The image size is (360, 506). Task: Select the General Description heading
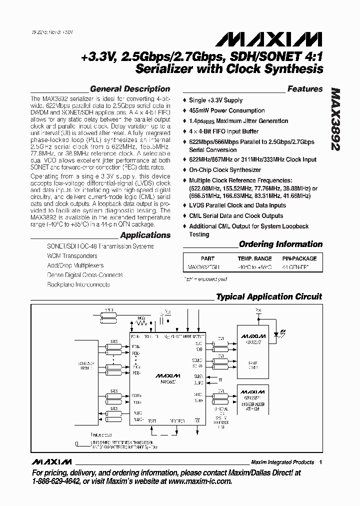[130, 89]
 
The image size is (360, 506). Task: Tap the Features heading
[304, 89]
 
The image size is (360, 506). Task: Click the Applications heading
[145, 235]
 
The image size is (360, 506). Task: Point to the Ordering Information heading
[280, 244]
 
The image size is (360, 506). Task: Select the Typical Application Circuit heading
[269, 296]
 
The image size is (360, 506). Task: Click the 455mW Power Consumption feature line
[226, 110]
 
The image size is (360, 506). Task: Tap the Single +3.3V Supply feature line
[215, 100]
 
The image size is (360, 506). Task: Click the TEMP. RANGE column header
[254, 258]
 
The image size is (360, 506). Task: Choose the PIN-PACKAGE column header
[299, 258]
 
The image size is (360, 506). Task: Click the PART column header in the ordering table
[207, 258]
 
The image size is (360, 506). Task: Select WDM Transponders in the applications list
[72, 255]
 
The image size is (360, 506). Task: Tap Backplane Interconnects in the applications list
[78, 284]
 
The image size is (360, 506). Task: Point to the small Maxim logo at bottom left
[51, 461]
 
